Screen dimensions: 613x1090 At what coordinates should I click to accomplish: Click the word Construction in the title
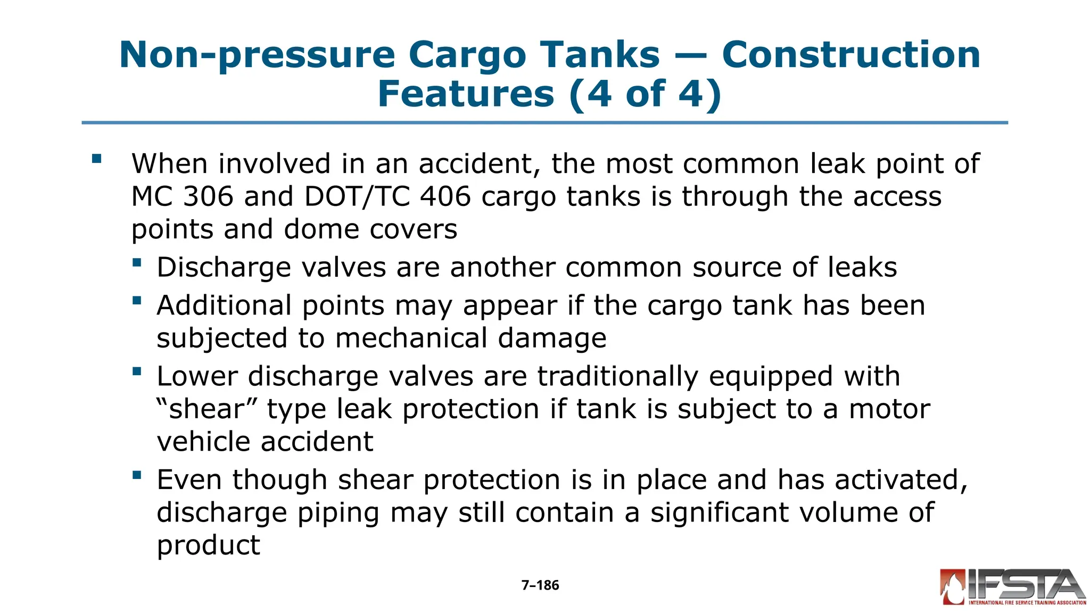point(850,55)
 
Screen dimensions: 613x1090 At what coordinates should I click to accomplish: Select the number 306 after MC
point(208,196)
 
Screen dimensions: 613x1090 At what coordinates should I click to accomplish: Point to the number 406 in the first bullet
point(445,196)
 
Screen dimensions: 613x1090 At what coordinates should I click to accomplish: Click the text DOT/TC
point(356,196)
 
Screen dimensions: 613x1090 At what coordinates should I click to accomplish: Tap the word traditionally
point(617,376)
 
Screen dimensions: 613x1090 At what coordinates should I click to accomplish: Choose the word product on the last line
point(208,545)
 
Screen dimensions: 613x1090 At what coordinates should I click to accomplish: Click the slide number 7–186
point(540,585)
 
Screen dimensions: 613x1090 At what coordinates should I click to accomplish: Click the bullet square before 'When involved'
point(96,158)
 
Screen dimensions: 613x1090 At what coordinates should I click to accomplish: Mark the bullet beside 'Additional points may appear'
point(137,300)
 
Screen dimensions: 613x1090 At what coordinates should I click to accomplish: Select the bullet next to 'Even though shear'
point(137,475)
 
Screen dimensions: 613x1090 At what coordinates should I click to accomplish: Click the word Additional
point(224,305)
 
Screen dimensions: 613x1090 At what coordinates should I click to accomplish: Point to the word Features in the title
point(466,94)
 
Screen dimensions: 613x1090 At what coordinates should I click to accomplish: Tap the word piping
point(338,513)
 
